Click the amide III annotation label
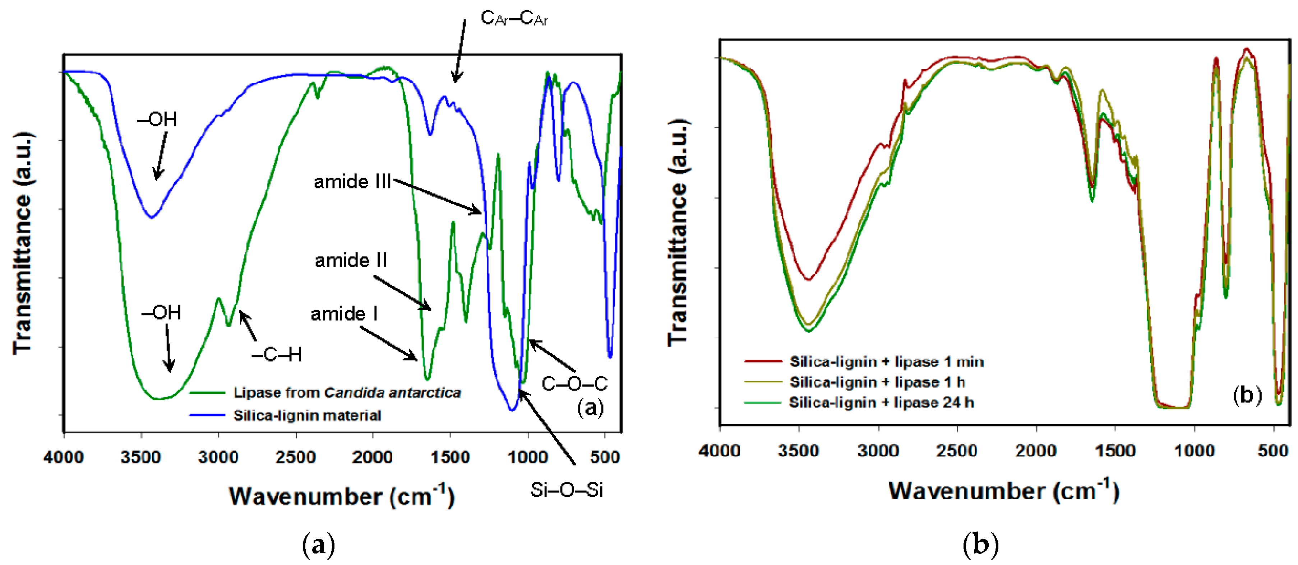(x=352, y=182)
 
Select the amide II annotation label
(x=351, y=260)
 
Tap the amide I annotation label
(x=344, y=314)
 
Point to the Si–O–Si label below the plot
(x=566, y=490)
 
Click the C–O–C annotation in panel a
(x=574, y=384)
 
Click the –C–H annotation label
(x=276, y=355)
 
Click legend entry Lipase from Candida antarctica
(x=347, y=393)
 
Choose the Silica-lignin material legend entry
(x=307, y=415)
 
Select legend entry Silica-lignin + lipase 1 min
(x=886, y=361)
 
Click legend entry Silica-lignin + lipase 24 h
(x=881, y=402)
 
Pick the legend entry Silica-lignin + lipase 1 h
(x=877, y=382)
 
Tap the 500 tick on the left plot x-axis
(x=604, y=457)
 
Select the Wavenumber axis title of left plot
(x=342, y=496)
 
